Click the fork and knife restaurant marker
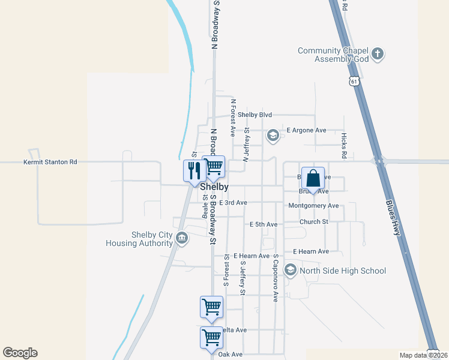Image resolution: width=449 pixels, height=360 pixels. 194,171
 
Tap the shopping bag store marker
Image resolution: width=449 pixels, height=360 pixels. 313,178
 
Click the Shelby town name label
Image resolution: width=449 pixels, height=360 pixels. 214,187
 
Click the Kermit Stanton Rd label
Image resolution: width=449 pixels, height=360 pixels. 50,162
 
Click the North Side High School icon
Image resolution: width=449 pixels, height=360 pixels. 291,271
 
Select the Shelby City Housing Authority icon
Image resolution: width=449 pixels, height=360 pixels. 181,239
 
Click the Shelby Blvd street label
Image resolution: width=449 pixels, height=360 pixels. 255,115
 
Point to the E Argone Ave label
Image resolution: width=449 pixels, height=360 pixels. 306,130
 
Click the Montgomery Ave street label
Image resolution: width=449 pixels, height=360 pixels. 313,206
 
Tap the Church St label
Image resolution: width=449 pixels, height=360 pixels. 314,221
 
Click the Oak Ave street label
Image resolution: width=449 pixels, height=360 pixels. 231,355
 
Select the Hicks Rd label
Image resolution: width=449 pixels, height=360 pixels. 344,146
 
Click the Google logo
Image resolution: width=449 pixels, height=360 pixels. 20,353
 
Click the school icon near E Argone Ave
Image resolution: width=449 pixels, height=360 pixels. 273,136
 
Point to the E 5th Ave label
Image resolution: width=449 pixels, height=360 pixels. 264,224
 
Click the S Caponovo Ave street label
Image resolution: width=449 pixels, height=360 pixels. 276,277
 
